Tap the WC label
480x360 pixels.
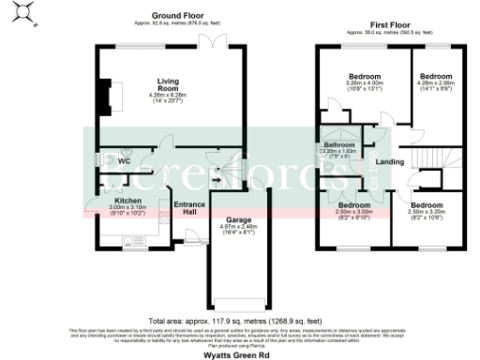123,161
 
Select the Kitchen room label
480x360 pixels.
128,202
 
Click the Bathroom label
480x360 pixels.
338,145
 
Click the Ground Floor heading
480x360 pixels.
177,15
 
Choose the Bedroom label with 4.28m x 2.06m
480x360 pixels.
437,76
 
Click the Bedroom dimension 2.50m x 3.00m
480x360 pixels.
354,212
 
